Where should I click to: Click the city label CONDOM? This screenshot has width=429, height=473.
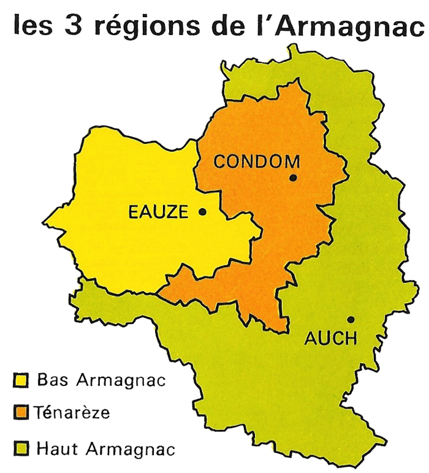[256, 162]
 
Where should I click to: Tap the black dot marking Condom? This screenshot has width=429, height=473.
[293, 178]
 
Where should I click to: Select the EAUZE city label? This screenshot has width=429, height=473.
[159, 212]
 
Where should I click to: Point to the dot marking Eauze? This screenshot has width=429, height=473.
[202, 211]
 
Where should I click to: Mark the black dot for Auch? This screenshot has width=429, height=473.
[351, 319]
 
